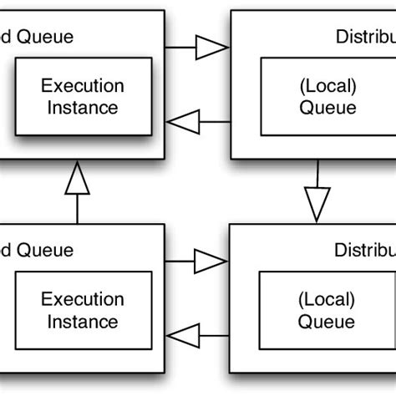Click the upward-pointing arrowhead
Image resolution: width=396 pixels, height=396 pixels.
click(78, 177)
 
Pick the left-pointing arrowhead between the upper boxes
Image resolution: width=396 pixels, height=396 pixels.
click(182, 122)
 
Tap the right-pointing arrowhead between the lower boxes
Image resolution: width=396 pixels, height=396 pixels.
click(211, 261)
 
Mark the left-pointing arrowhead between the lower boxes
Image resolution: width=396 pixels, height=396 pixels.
click(182, 336)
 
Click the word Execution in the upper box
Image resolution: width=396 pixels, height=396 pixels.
click(83, 86)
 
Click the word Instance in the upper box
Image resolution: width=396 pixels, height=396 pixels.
click(83, 107)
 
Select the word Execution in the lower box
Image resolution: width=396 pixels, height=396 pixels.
click(83, 299)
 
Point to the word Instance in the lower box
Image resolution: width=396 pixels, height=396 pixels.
click(83, 321)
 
